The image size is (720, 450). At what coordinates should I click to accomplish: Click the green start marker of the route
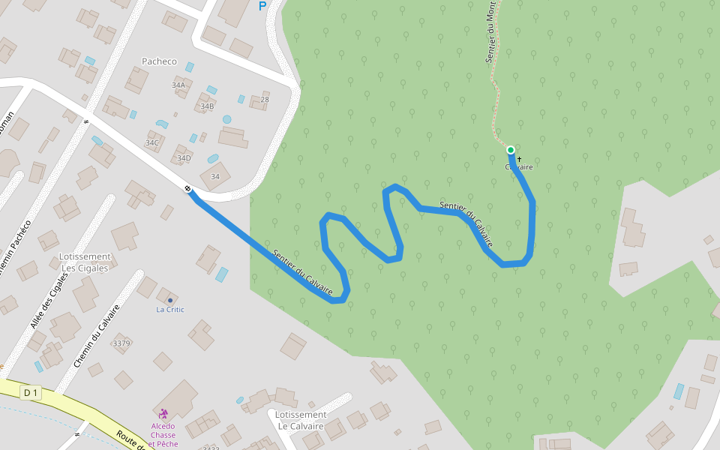pyautogui.click(x=511, y=150)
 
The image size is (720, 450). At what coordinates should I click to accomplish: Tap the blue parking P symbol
pyautogui.click(x=262, y=6)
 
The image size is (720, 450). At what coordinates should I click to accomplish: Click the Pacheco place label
pyautogui.click(x=159, y=61)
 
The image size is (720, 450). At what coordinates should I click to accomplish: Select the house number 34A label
pyautogui.click(x=178, y=85)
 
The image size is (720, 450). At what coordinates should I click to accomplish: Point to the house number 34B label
pyautogui.click(x=206, y=106)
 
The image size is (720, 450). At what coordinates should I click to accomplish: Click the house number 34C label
pyautogui.click(x=152, y=142)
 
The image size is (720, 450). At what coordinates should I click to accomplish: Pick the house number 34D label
pyautogui.click(x=184, y=158)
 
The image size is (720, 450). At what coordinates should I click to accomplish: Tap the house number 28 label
pyautogui.click(x=264, y=100)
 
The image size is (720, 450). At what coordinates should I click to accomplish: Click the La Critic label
pyautogui.click(x=170, y=310)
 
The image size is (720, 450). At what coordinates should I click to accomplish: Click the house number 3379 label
pyautogui.click(x=121, y=343)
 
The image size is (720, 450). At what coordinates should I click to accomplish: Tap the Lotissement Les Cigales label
pyautogui.click(x=85, y=262)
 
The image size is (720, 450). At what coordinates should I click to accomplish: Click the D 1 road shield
pyautogui.click(x=30, y=392)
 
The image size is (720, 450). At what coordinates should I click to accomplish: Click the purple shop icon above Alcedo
pyautogui.click(x=163, y=413)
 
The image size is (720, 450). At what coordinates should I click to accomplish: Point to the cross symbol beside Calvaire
pyautogui.click(x=519, y=159)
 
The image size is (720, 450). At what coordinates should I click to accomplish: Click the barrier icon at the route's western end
pyautogui.click(x=187, y=187)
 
